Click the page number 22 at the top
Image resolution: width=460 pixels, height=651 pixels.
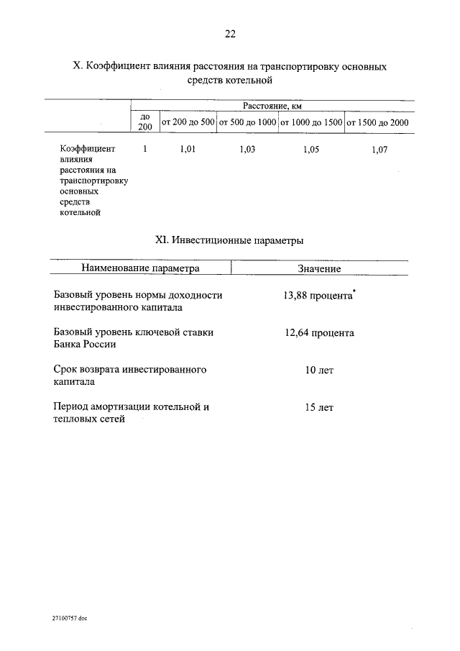[x=230, y=34]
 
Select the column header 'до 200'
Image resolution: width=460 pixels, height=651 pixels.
[x=144, y=122]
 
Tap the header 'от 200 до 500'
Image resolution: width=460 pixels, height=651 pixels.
[x=188, y=122]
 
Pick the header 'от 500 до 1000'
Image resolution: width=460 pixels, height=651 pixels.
[x=247, y=122]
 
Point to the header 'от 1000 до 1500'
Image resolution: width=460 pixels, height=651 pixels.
[x=310, y=122]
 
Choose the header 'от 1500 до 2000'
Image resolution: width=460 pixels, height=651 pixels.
[x=377, y=122]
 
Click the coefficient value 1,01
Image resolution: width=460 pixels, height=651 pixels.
[x=186, y=150]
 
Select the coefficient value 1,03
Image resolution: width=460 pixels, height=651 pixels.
[x=247, y=150]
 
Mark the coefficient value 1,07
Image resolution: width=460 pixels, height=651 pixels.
[x=379, y=150]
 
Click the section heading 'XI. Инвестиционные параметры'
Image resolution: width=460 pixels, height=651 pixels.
[x=229, y=241]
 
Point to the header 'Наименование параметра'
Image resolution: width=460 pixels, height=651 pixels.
[x=140, y=268]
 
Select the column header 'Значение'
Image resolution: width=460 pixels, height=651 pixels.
[x=319, y=268]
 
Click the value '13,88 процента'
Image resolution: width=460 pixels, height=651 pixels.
[x=318, y=296]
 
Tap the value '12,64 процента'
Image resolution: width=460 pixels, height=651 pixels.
[x=319, y=333]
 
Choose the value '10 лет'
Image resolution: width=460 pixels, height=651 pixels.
[x=319, y=370]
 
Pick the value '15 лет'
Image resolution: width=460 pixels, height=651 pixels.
[x=319, y=407]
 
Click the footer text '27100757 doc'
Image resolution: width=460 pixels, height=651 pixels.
[x=69, y=618]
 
